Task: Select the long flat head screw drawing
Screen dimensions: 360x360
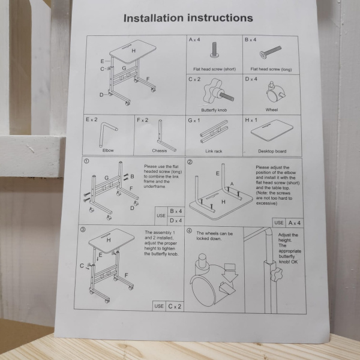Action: coord(271,52)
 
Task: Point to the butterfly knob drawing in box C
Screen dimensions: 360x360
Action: coord(218,92)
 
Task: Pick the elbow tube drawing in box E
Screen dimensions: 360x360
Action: coord(107,134)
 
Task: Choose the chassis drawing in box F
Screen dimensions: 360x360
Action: coord(166,136)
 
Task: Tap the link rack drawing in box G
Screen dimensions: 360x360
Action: coord(214,131)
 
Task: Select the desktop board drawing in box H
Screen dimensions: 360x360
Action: coord(272,130)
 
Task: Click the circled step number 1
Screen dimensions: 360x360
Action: coord(86,161)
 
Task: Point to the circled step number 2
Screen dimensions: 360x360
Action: coord(190,162)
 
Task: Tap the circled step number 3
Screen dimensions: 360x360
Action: coord(83,230)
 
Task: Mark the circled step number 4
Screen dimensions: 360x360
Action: coord(189,231)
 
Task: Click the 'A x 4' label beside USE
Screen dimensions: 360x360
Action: coord(294,223)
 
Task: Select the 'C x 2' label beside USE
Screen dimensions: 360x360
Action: coord(175,306)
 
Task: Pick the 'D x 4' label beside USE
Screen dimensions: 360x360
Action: coord(176,221)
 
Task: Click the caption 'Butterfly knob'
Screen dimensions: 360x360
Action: coord(214,110)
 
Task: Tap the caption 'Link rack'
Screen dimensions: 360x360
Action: coord(214,151)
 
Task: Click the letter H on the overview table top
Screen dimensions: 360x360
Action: coord(133,51)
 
